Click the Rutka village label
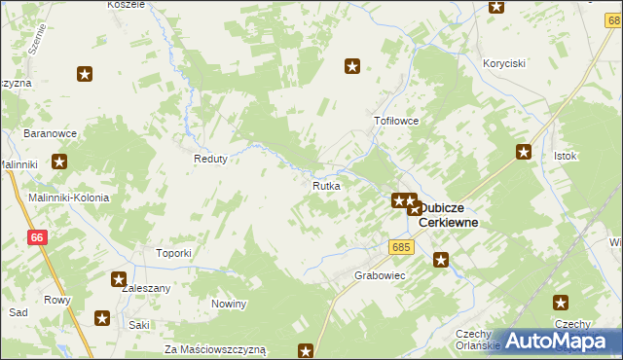[x=326, y=185]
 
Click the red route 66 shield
[x=37, y=237]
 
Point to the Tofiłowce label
[x=396, y=122]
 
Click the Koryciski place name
[x=504, y=63]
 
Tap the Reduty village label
[x=210, y=159]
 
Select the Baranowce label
[x=52, y=133]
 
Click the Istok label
[x=566, y=156]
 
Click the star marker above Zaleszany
[x=119, y=278]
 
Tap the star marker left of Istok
[x=524, y=151]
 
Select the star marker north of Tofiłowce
[x=352, y=66]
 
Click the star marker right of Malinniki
[x=59, y=163]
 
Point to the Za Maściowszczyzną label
[x=214, y=348]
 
